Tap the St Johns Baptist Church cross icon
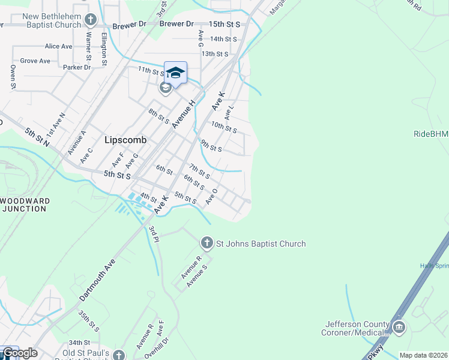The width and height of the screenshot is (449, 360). [206, 243]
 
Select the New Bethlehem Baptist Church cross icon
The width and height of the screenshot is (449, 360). [91, 20]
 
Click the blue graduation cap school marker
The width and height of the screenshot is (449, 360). [175, 73]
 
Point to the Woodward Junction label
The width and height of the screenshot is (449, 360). [23, 205]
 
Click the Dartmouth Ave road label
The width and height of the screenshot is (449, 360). [97, 280]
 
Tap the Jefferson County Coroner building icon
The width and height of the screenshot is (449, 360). [399, 328]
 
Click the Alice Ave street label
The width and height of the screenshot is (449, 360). [58, 46]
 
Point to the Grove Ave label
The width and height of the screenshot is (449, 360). [35, 61]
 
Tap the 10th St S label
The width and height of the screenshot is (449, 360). [224, 128]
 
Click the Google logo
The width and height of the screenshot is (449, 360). [19, 353]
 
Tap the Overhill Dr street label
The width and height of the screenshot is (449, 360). [157, 348]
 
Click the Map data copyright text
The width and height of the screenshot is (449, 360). [423, 355]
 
